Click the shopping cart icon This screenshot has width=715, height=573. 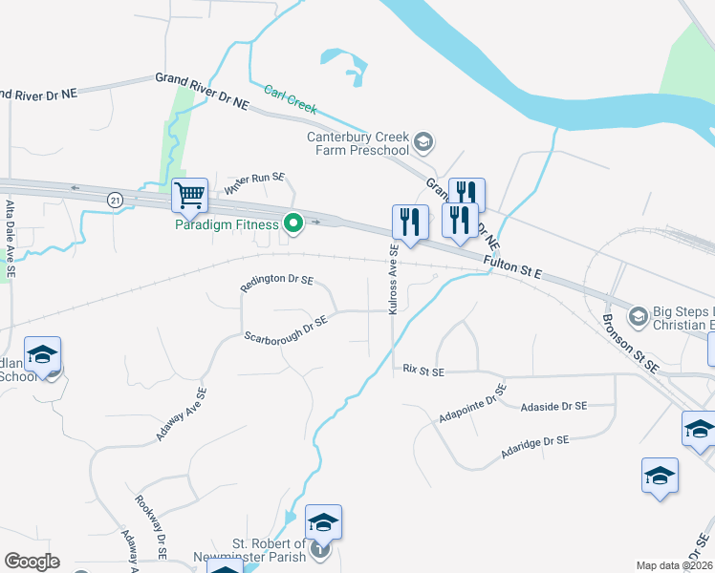click(189, 196)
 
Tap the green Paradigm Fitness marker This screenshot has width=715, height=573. click(294, 224)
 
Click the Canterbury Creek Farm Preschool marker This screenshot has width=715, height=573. click(424, 144)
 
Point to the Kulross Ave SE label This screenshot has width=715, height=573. click(393, 279)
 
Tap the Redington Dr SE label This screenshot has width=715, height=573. click(277, 280)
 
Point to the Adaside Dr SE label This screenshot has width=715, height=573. click(553, 407)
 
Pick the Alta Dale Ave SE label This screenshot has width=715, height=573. click(11, 239)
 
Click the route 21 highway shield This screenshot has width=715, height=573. click(116, 200)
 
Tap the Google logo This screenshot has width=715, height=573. click(32, 562)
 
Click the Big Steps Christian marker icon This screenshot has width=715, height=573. click(639, 315)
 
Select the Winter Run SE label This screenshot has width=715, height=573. click(254, 184)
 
